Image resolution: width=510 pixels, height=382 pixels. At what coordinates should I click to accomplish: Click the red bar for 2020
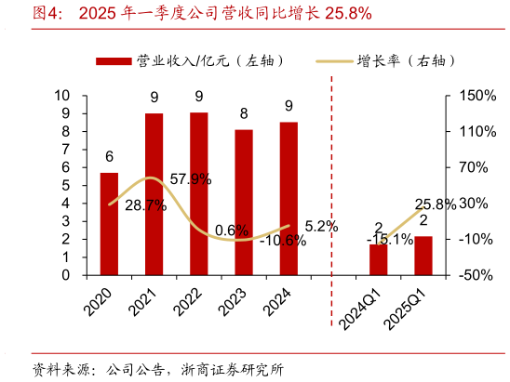tap(109, 224)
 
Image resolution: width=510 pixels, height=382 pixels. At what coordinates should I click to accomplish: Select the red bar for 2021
tap(154, 194)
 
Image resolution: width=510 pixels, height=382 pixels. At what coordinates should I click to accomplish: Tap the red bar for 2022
tap(199, 194)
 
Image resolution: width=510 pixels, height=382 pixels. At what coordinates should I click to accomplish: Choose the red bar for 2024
tap(289, 199)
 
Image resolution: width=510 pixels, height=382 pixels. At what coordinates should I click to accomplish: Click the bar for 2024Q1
tap(378, 260)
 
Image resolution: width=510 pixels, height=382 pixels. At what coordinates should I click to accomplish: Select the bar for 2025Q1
tap(423, 256)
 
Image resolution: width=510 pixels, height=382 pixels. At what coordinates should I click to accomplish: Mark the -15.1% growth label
tap(390, 240)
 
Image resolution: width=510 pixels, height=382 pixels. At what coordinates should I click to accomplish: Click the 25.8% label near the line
tap(436, 204)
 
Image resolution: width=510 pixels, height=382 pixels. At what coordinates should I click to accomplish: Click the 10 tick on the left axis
tap(62, 96)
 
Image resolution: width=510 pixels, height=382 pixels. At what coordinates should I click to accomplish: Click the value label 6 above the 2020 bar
tap(109, 156)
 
